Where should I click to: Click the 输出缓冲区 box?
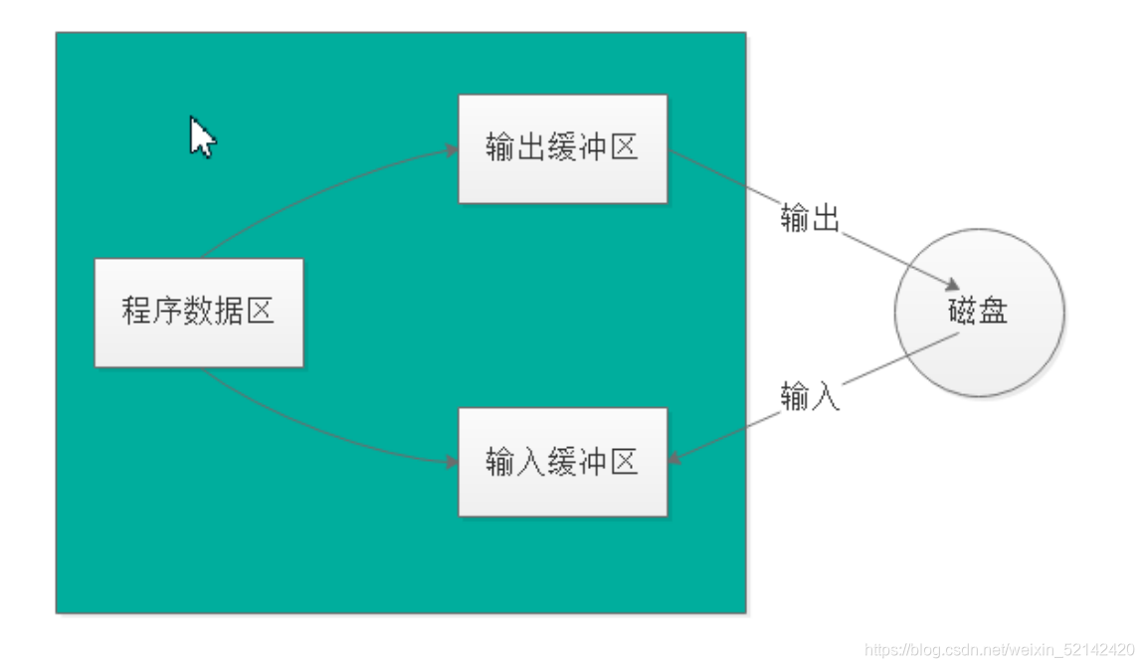(562, 149)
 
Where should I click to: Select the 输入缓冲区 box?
(562, 462)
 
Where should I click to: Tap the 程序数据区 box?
(199, 313)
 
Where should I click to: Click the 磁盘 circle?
(979, 312)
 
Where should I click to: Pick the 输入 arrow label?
(810, 397)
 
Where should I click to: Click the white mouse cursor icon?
(201, 136)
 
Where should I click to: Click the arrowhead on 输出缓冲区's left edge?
(453, 150)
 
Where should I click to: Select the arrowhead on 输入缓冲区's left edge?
(453, 462)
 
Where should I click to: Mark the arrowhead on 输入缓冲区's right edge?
(673, 459)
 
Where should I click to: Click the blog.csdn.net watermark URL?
(1000, 649)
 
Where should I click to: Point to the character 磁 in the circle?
(963, 312)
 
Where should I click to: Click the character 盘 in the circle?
(994, 312)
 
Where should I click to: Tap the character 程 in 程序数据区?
(137, 313)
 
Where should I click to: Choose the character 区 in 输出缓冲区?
(623, 149)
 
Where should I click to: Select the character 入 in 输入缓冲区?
(531, 462)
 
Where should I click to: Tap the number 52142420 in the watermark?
(1100, 649)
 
